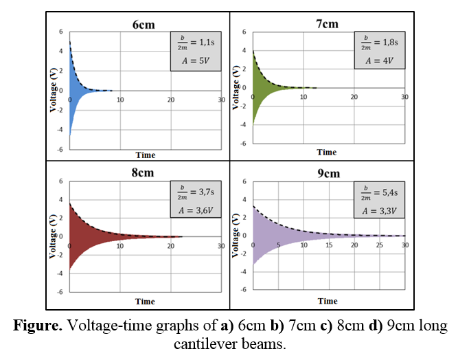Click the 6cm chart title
tap(144, 25)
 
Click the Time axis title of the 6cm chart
tap(145, 155)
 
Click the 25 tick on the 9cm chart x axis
tap(380, 245)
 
